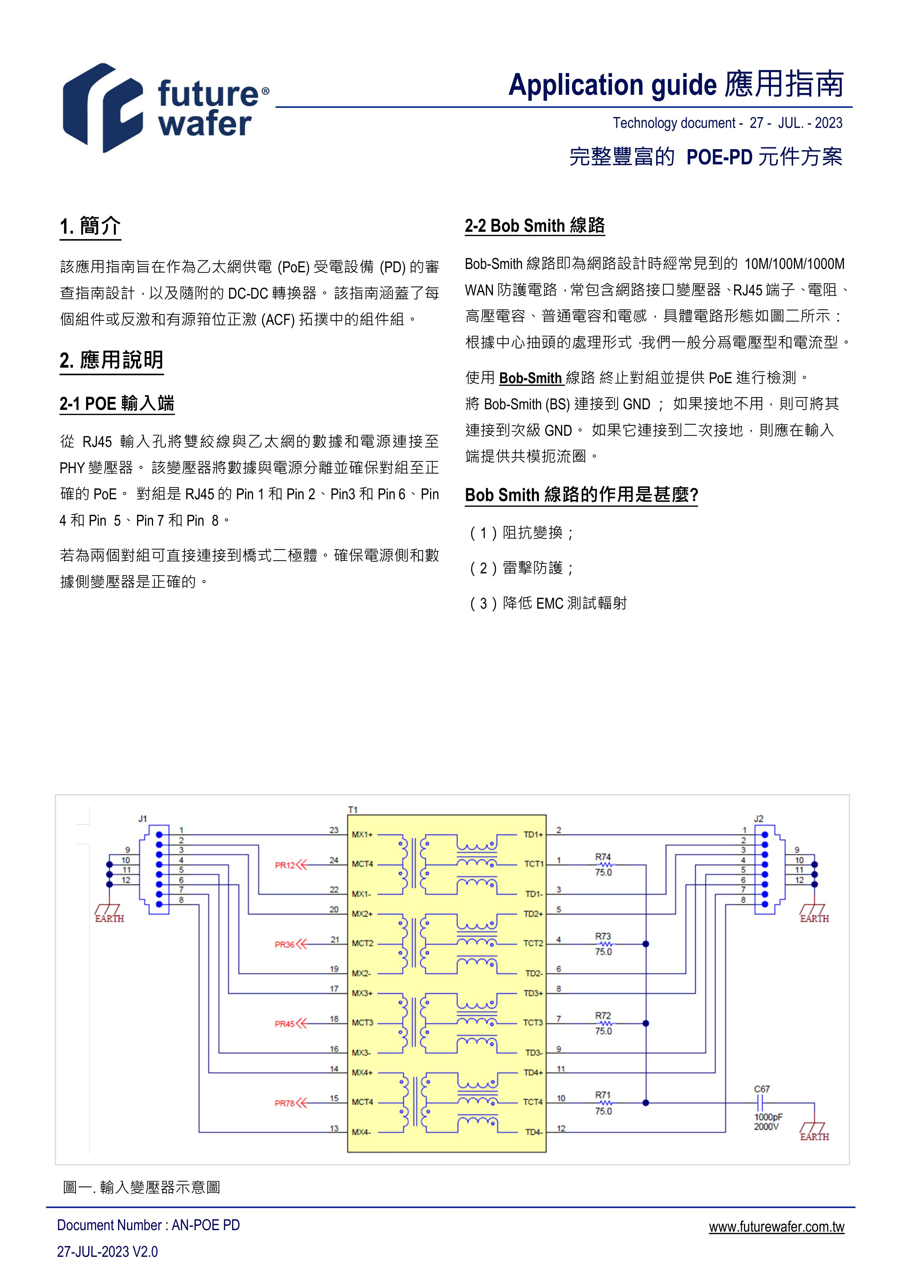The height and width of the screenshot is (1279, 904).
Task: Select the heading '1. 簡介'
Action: (90, 226)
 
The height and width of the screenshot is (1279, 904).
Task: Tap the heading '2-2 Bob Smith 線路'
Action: (535, 226)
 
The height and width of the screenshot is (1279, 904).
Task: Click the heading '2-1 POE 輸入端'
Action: (117, 403)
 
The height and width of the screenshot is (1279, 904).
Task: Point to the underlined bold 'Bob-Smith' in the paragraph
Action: (530, 378)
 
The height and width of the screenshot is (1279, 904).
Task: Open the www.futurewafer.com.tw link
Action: (776, 1226)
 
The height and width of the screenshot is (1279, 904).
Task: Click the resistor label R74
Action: (603, 857)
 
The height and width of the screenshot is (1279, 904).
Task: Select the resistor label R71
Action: (603, 1095)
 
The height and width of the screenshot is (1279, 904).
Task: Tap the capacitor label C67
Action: (761, 1089)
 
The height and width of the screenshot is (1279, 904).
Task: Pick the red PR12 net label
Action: (285, 865)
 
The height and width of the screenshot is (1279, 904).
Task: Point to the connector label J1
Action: (143, 818)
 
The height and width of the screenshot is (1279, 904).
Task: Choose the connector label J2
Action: (759, 818)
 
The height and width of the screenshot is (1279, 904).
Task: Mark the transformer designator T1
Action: (352, 809)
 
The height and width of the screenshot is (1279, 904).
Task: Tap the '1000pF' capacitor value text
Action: (768, 1117)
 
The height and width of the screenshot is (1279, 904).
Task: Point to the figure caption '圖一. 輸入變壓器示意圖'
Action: (141, 1187)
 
